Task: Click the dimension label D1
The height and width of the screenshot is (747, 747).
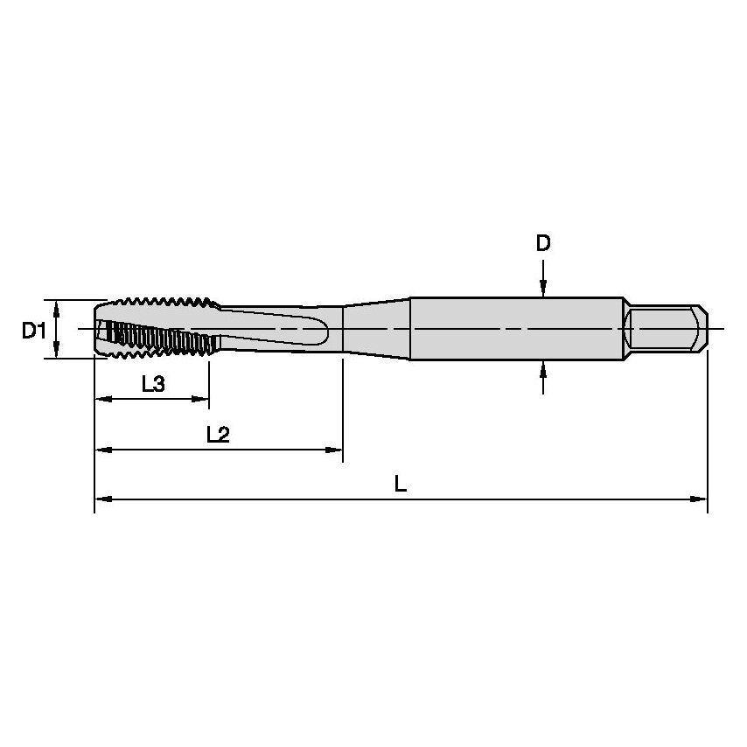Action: pyautogui.click(x=33, y=330)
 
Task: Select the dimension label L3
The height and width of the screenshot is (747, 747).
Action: pyautogui.click(x=152, y=383)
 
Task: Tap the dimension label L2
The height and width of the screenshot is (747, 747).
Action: pyautogui.click(x=217, y=434)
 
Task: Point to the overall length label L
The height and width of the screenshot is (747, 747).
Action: pyautogui.click(x=400, y=484)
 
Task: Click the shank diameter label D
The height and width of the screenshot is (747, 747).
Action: pyautogui.click(x=543, y=243)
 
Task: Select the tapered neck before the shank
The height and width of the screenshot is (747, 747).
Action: pyautogui.click(x=376, y=329)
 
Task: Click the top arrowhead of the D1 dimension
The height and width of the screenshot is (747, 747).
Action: pyautogui.click(x=57, y=306)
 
